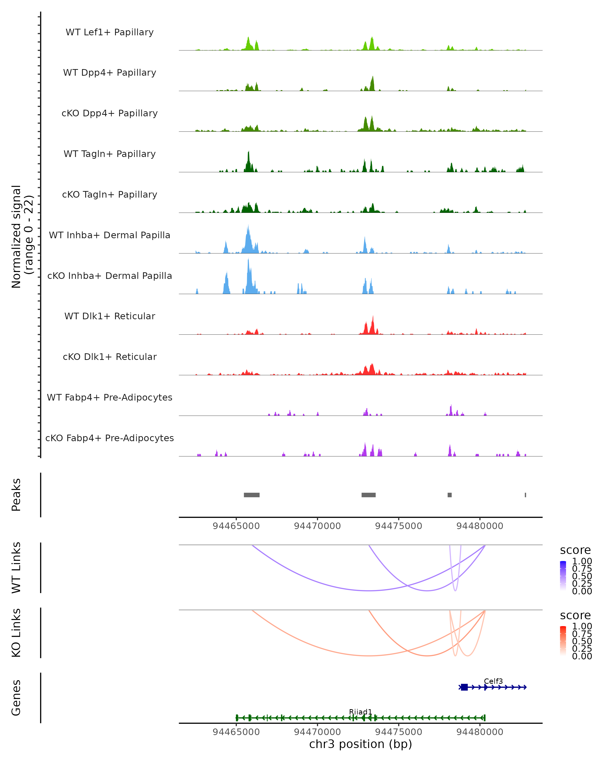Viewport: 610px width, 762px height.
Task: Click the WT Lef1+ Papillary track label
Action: (x=110, y=32)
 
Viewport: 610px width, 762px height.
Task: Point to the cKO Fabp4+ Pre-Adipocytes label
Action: (x=110, y=438)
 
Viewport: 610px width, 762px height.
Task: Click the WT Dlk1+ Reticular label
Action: (x=110, y=316)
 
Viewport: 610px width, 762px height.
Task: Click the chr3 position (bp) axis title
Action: (x=360, y=744)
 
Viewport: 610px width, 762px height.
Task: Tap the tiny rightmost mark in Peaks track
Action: (x=525, y=495)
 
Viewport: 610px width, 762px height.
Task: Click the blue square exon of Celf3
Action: (x=464, y=687)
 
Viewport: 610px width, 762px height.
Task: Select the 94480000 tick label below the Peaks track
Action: (x=480, y=526)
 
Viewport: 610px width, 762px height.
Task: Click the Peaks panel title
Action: (x=16, y=495)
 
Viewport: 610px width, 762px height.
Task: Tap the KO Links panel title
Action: (x=16, y=633)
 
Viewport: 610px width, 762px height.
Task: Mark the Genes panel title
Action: (x=16, y=698)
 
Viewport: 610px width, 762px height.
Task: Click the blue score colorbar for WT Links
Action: (x=563, y=575)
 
